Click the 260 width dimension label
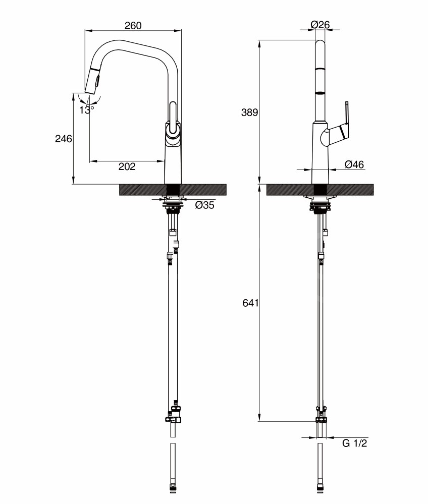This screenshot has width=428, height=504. point(133,25)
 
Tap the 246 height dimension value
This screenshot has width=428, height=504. point(64,139)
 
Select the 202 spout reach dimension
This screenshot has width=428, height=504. point(127,166)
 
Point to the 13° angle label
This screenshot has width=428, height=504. point(87,110)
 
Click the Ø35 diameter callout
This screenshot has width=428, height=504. point(204,205)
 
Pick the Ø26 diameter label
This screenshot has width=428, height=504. point(320,24)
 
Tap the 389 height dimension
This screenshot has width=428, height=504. point(249,113)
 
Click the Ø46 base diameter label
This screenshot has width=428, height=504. point(354,164)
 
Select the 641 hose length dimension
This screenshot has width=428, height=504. point(250,303)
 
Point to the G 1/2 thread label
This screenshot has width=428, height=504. point(355,443)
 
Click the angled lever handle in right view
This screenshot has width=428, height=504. point(341,123)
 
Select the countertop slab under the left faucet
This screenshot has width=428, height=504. point(173,189)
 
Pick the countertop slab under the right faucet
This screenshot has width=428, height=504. point(320,189)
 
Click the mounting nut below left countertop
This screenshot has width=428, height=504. point(173,206)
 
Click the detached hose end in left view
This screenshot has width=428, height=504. point(173,471)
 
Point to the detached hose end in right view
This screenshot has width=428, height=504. point(320,471)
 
